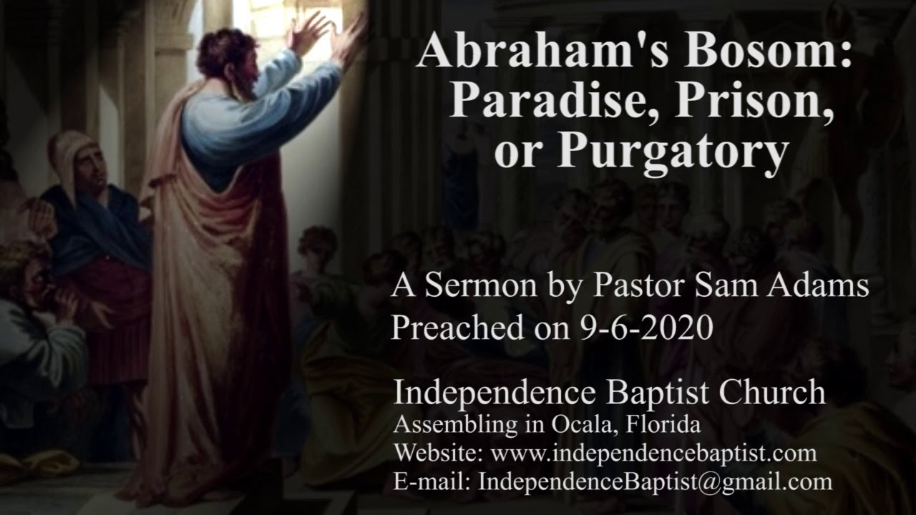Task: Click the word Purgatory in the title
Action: click(673, 152)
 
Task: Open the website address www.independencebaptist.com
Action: click(653, 453)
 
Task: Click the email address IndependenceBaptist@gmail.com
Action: click(655, 481)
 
